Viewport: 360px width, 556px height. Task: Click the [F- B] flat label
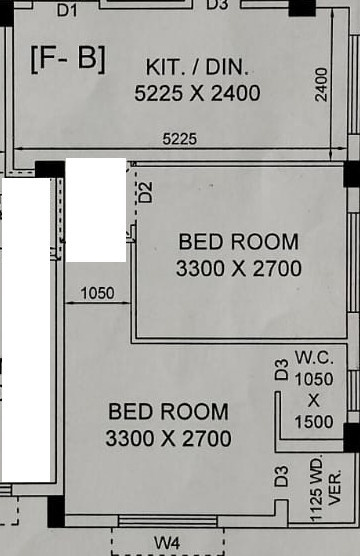[67, 57]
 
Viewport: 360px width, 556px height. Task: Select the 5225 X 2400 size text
[197, 93]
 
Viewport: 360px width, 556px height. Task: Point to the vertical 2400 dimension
[321, 84]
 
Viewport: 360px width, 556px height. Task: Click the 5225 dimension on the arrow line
[180, 139]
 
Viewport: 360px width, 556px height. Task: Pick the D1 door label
[67, 8]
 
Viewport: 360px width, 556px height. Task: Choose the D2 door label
[146, 192]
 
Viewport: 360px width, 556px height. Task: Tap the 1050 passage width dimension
[97, 294]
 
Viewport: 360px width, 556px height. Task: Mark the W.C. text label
[313, 357]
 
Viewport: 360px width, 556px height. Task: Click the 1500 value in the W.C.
[313, 421]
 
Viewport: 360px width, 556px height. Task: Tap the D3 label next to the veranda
[281, 478]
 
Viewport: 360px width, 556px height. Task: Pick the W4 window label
[167, 542]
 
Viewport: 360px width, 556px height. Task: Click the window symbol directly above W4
[167, 520]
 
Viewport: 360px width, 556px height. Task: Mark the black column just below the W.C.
[351, 437]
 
